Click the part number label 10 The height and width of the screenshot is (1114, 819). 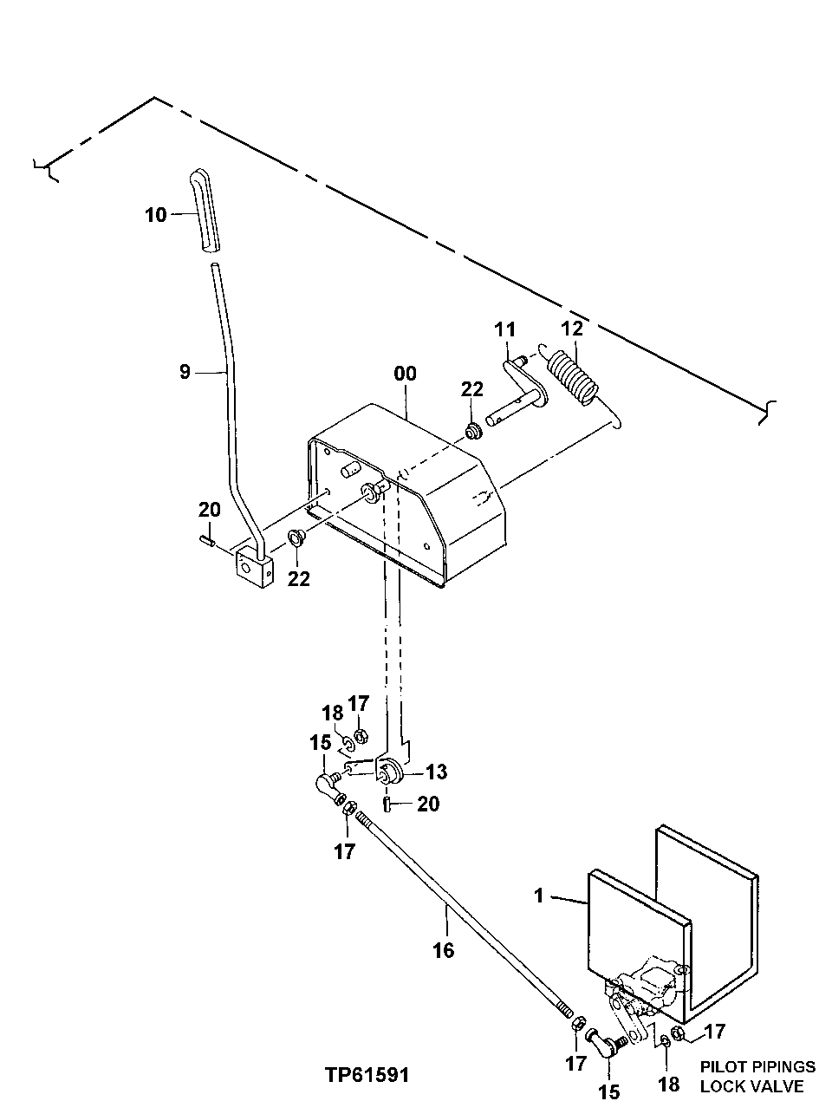(155, 214)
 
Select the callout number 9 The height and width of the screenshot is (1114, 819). (185, 372)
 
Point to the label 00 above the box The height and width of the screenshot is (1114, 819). (405, 374)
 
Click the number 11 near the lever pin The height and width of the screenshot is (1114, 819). (504, 329)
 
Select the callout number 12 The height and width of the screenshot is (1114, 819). (572, 329)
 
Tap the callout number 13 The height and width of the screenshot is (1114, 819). (437, 771)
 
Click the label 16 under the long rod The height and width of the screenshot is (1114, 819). (443, 950)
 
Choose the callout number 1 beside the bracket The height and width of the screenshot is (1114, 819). (538, 896)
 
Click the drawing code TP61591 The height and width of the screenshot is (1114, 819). (367, 1075)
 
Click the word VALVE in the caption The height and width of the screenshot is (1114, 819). (766, 1086)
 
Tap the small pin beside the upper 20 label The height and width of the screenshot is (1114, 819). (206, 543)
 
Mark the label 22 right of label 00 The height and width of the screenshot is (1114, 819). (471, 389)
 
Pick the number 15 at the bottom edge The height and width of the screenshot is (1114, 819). (610, 1091)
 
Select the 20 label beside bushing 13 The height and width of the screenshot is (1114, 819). (428, 804)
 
